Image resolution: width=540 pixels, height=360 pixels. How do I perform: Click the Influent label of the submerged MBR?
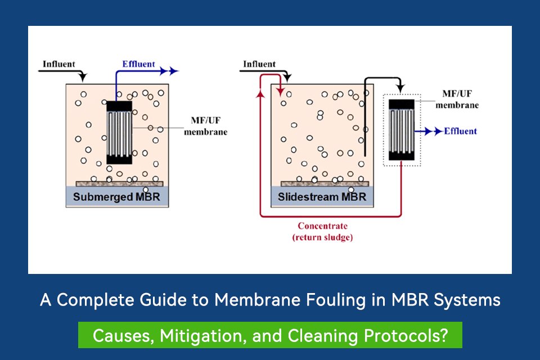59,64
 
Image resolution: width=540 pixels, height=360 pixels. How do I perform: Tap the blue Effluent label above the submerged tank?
138,64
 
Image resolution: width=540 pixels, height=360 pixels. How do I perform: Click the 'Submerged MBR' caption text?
120,197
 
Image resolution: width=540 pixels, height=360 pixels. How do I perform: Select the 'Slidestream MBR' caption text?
322,197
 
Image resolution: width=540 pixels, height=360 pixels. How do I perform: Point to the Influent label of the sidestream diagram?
259,64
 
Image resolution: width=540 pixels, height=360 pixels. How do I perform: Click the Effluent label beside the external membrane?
460,131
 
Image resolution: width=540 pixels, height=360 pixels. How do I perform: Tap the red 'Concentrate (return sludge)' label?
323,232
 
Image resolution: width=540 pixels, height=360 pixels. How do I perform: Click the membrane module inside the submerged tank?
119,133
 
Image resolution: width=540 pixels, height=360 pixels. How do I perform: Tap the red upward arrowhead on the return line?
260,94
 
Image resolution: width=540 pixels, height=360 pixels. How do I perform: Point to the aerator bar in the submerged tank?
120,183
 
